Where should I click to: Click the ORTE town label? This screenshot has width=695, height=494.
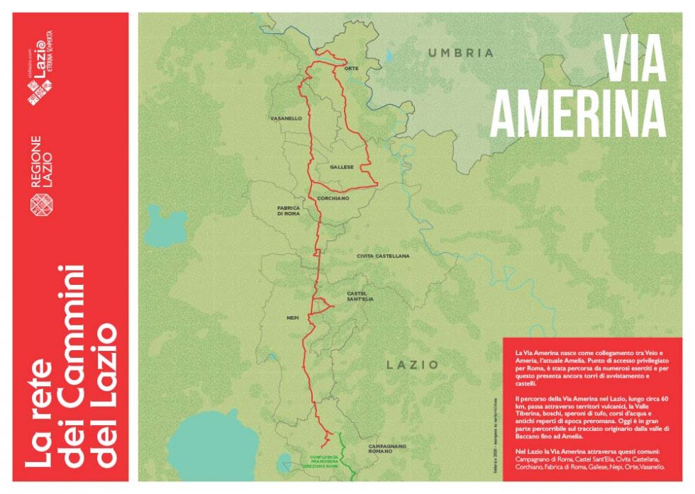350,69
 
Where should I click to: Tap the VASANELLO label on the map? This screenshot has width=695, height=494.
286,118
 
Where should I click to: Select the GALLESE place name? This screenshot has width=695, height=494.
341,167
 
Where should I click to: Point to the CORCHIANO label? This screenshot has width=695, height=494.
332,198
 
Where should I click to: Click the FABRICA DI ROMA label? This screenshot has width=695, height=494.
289,210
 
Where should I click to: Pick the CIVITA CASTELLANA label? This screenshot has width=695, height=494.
383,255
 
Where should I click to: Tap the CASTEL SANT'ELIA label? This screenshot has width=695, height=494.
360,296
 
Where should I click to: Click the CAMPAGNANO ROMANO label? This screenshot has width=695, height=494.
387,449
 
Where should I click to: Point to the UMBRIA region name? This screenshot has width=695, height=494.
460,52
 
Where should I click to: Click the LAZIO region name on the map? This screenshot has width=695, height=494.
412,364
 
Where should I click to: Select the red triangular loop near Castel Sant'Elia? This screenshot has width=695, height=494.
321,305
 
